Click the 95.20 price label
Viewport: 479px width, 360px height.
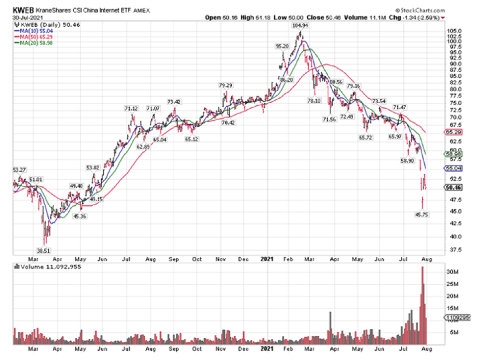tap(282, 46)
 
